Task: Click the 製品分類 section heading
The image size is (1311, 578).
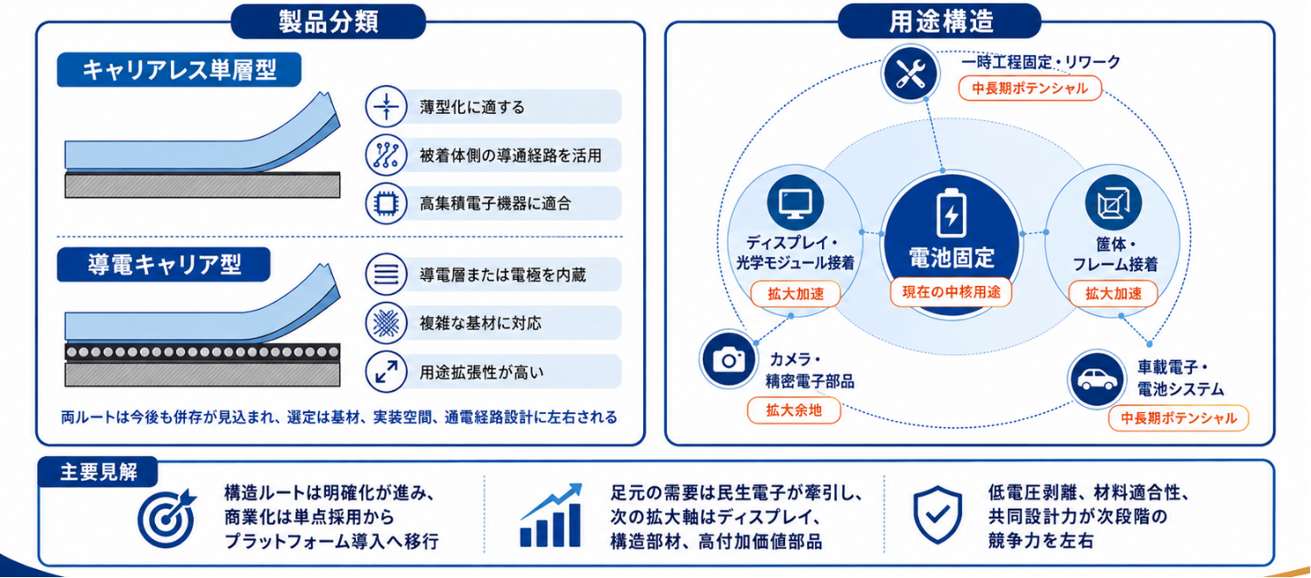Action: pos(329,22)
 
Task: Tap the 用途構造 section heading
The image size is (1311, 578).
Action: pos(940,22)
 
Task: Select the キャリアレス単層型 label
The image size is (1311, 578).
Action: pos(179,69)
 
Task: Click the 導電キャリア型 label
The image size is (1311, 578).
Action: pos(164,264)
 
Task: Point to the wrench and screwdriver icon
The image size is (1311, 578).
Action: pos(911,74)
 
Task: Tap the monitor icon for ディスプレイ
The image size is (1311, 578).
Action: pos(796,203)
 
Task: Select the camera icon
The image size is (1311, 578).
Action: pos(728,359)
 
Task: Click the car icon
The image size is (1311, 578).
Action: pos(1097,379)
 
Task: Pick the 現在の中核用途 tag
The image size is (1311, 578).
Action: pos(951,292)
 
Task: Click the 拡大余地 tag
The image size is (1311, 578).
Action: pos(794,410)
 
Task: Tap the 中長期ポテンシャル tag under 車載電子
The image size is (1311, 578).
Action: pos(1178,418)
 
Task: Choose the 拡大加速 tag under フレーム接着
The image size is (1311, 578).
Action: pos(1113,294)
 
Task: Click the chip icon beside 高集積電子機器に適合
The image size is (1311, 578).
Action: pos(386,203)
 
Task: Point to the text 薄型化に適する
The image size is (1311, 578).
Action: pos(471,107)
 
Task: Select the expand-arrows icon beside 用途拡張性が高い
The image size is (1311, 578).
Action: pos(386,372)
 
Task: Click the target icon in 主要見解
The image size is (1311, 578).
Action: pos(167,517)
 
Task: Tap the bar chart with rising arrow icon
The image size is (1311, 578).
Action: pos(550,516)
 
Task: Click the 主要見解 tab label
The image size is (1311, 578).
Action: pos(98,471)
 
